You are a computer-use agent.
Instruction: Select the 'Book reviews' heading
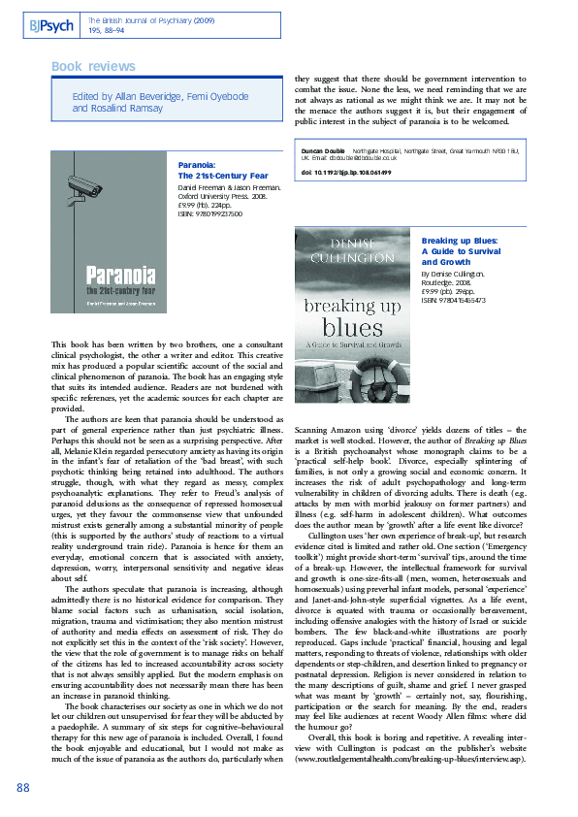pos(93,66)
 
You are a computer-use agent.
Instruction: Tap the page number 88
pos(24,786)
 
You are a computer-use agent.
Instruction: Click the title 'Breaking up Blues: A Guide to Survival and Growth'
pos(460,250)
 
